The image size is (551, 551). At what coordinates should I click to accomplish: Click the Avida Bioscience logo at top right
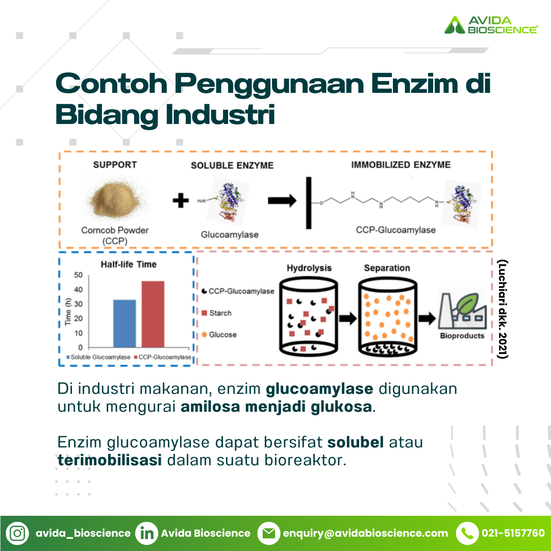click(491, 24)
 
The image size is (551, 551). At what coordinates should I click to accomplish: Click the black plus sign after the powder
click(181, 201)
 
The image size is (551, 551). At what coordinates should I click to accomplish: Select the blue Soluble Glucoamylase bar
click(124, 323)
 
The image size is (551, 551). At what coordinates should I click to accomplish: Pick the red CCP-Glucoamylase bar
click(153, 314)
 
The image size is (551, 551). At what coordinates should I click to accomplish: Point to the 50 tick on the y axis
click(78, 275)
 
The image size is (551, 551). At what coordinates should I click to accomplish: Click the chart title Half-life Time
click(129, 264)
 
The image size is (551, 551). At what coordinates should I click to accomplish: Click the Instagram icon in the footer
click(17, 533)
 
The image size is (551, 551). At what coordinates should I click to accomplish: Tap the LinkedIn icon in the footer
click(146, 533)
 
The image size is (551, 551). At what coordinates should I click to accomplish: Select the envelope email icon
click(269, 533)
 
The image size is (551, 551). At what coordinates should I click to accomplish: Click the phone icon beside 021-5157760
click(467, 533)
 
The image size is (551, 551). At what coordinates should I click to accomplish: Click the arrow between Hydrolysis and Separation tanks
click(348, 318)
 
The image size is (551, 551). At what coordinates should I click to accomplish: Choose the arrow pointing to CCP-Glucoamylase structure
click(282, 201)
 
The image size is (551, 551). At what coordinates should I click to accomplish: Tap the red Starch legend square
click(205, 313)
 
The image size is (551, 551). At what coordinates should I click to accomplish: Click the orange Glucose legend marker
click(204, 335)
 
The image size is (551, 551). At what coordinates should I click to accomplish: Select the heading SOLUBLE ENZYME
click(232, 165)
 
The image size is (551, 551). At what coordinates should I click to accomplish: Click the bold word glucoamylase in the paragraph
click(319, 389)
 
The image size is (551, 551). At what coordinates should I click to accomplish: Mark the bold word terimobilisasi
click(110, 460)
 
